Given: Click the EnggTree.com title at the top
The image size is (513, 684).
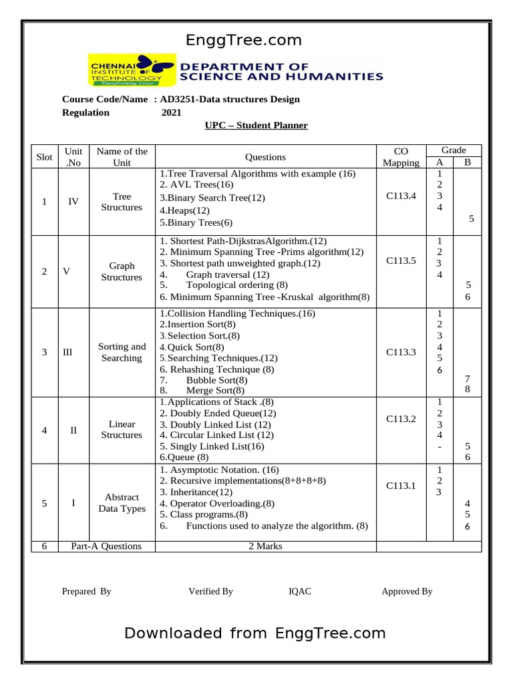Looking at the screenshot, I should [x=244, y=40].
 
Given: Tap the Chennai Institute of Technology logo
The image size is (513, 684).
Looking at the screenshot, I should [x=132, y=71].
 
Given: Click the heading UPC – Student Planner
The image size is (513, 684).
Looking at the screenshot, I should [x=256, y=125].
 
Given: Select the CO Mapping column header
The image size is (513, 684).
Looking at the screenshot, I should [x=401, y=156].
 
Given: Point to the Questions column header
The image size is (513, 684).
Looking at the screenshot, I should [x=265, y=157].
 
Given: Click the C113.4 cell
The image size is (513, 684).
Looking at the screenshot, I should [x=401, y=196].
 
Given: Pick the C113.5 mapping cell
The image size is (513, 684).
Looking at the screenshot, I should [x=401, y=261].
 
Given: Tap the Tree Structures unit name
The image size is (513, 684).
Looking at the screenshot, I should [x=122, y=202].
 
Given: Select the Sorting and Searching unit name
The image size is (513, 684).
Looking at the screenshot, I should [x=122, y=352].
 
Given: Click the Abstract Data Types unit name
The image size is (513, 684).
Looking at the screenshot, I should [x=122, y=503].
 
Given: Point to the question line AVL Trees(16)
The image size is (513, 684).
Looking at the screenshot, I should [x=197, y=184].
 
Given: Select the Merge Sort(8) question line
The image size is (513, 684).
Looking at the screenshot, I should [x=215, y=390].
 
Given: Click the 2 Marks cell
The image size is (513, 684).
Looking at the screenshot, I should [x=265, y=546].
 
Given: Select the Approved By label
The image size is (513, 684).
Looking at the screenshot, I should [x=407, y=591].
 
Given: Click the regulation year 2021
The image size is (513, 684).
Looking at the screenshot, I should [x=172, y=112].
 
